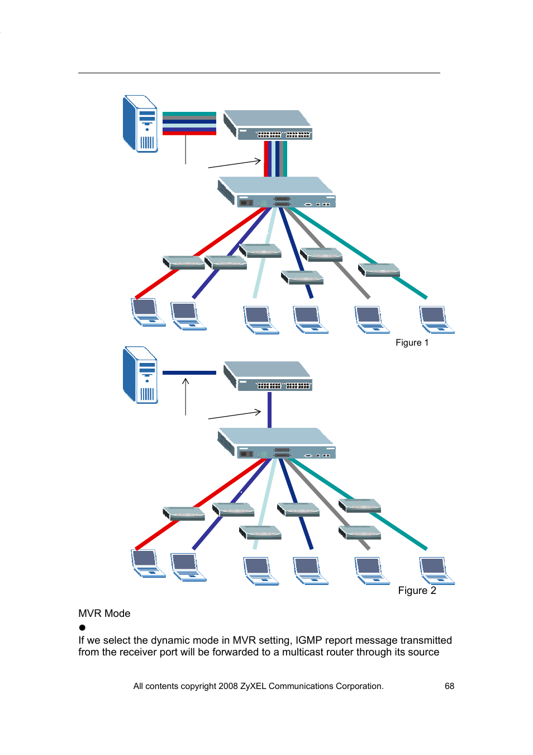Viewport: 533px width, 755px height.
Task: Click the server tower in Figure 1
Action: pyautogui.click(x=140, y=124)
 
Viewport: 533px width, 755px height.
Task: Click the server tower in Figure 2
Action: pyautogui.click(x=140, y=375)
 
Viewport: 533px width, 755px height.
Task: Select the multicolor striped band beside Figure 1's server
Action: pyautogui.click(x=189, y=124)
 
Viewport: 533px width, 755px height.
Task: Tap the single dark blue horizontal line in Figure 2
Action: pyautogui.click(x=189, y=372)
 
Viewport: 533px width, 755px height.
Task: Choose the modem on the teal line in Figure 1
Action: pyautogui.click(x=379, y=270)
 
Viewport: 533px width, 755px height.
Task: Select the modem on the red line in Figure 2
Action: pyautogui.click(x=184, y=514)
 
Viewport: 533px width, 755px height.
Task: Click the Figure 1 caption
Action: pyautogui.click(x=412, y=343)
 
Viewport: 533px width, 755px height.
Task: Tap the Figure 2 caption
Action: pyautogui.click(x=417, y=591)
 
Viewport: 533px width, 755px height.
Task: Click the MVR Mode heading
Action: pyautogui.click(x=104, y=614)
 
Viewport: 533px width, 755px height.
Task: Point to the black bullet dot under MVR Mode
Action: pyautogui.click(x=82, y=627)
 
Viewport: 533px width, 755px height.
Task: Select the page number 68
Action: pyautogui.click(x=449, y=686)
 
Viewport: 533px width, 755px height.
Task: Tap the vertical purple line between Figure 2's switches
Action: pyautogui.click(x=269, y=410)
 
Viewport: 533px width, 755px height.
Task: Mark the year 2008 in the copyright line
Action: pyautogui.click(x=228, y=686)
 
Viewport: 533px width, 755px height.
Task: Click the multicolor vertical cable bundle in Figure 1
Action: pyautogui.click(x=275, y=158)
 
